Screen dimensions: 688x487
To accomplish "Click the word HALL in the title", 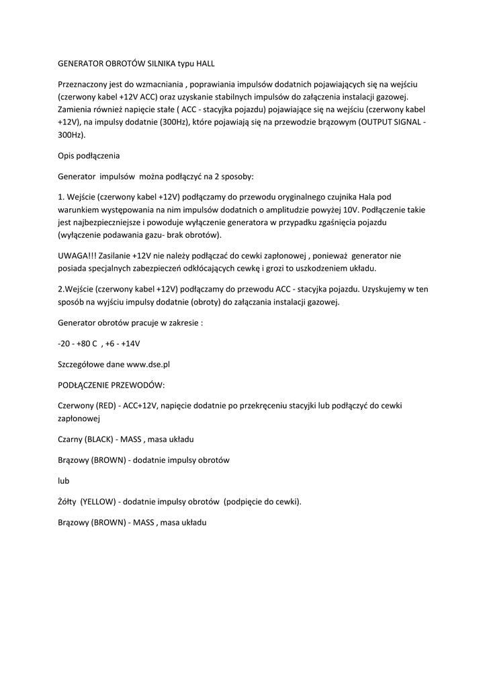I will point(204,64).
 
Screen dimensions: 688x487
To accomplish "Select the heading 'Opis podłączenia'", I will point(89,156).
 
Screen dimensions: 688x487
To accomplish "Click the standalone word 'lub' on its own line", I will point(64,481).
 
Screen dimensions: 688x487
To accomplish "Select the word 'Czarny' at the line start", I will point(70,439).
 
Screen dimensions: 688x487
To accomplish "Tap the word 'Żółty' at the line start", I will point(69,501).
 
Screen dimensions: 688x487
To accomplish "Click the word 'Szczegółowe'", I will point(81,364).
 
